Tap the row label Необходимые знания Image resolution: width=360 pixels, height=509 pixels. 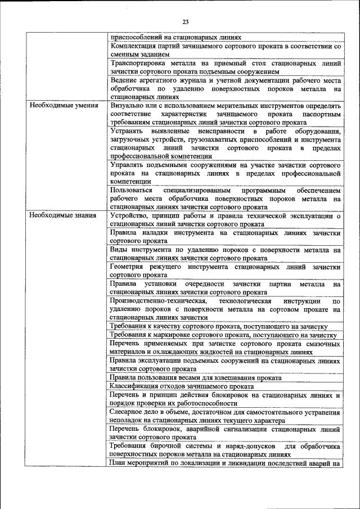pos(62,215)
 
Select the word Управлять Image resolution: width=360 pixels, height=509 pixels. pos(128,166)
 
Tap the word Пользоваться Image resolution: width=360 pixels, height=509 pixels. pos(132,191)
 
